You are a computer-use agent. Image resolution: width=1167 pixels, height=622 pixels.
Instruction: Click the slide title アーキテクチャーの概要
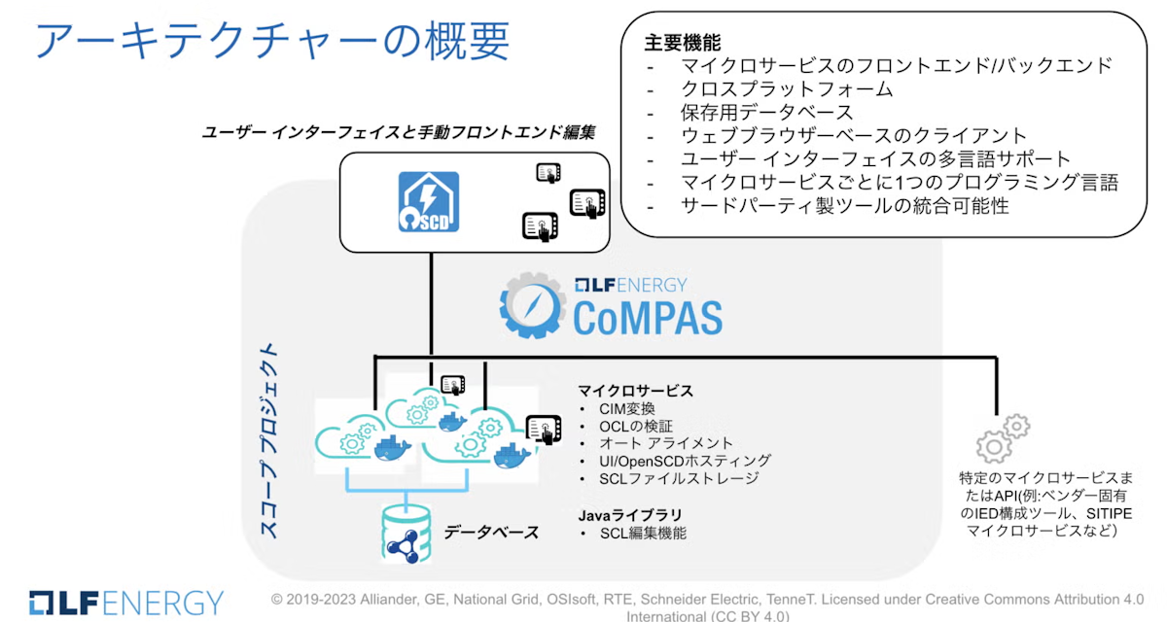pos(271,40)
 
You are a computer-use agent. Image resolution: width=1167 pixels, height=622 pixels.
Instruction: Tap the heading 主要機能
pos(683,44)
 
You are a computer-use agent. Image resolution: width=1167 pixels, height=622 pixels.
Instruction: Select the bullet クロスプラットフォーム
pos(787,89)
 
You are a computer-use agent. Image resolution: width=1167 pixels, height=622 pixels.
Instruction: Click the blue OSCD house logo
pos(428,202)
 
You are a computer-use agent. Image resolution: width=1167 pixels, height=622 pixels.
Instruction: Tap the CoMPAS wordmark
pos(647,317)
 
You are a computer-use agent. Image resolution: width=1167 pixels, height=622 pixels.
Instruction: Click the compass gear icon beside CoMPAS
pos(532,303)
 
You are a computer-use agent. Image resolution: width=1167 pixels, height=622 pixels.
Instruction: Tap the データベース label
pos(491,532)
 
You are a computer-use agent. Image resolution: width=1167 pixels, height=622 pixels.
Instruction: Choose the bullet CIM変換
pos(627,409)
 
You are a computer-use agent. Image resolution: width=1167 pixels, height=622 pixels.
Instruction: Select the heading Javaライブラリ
pos(629,514)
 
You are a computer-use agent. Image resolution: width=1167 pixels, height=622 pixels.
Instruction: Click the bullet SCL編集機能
pos(643,533)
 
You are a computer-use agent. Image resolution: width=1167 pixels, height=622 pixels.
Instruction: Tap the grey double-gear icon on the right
pos(1002,438)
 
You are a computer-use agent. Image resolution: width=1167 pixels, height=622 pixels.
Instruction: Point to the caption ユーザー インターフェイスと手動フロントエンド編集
pos(398,131)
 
